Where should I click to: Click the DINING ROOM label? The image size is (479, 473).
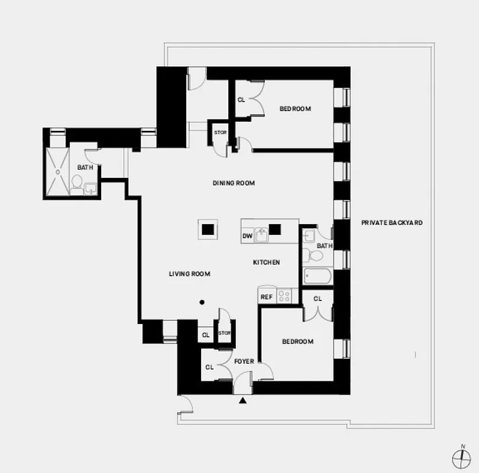[x=234, y=183]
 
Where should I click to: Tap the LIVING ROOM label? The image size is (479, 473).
[x=189, y=274]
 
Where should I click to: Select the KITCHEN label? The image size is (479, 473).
[x=266, y=263]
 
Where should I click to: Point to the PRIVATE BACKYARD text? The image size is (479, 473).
[x=392, y=223]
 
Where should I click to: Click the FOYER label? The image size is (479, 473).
[x=244, y=361]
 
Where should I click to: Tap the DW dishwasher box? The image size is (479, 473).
[x=247, y=237]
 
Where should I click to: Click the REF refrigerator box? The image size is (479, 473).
[x=267, y=297]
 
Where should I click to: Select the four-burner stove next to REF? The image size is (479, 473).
[x=284, y=296]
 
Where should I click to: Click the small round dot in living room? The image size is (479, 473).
[x=202, y=302]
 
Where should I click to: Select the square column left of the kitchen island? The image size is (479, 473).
[x=208, y=228]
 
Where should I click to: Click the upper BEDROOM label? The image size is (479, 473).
[x=295, y=109]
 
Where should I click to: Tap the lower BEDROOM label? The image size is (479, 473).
[x=297, y=342]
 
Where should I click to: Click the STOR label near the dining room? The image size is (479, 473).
[x=220, y=132]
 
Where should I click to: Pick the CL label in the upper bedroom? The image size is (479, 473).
[x=241, y=100]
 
